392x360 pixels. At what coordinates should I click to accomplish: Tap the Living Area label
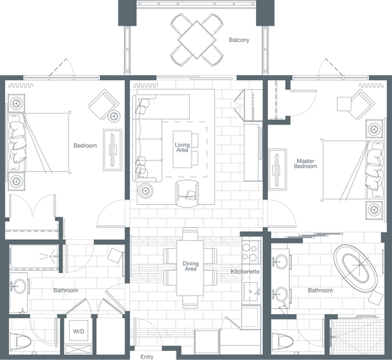[182, 147]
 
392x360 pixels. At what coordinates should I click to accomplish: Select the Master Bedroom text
[306, 163]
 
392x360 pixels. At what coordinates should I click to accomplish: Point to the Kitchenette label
[245, 270]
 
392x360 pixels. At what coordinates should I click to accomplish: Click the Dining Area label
[191, 265]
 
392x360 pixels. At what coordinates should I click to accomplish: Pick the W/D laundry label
[78, 331]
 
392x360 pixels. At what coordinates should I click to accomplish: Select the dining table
[191, 266]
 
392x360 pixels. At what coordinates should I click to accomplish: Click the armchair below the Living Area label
[188, 193]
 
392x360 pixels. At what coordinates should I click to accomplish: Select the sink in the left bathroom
[20, 286]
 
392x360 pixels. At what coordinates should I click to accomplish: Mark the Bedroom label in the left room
[85, 145]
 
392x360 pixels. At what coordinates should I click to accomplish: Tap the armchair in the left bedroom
[103, 106]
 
